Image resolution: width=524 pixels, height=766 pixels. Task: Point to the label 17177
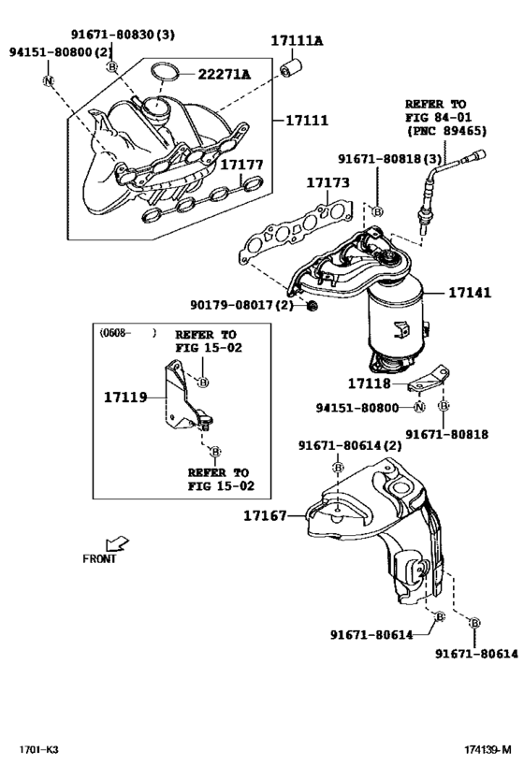241,165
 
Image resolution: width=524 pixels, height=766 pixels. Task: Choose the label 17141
469,293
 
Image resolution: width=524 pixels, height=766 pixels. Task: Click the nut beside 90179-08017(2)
312,306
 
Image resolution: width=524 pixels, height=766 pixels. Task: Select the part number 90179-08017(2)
241,305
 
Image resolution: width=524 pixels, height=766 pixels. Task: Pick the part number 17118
370,383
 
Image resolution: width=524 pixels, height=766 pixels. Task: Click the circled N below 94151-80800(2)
48,80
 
